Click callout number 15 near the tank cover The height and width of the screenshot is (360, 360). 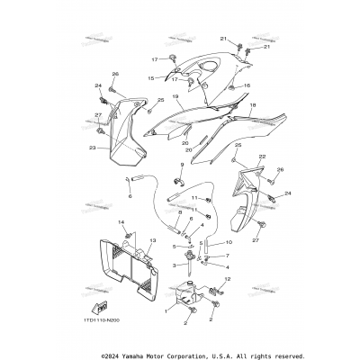click(x=151, y=78)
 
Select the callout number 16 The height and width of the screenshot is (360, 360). click(x=247, y=85)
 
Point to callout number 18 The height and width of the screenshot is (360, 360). click(x=253, y=105)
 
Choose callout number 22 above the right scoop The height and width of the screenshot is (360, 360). click(x=238, y=157)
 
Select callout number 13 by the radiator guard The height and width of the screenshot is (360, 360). click(x=153, y=241)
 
